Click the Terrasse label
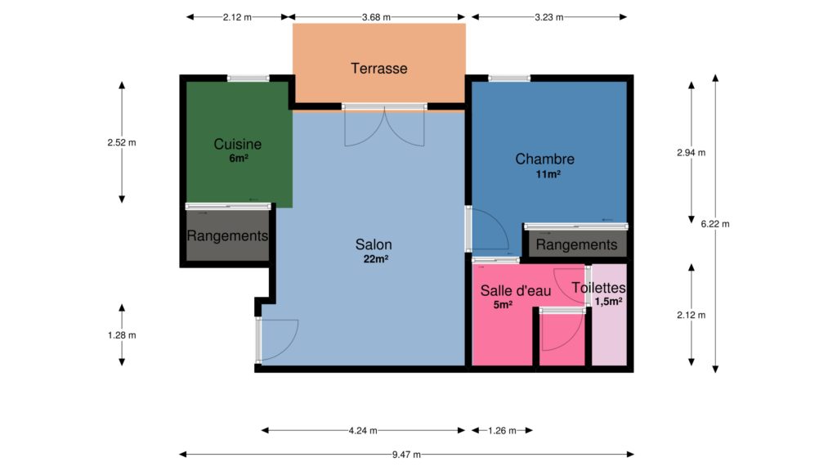coord(379,69)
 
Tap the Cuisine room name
coord(238,144)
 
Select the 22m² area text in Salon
coord(376,259)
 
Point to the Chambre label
coord(545,159)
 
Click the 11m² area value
coord(548,174)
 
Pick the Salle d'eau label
coord(516,290)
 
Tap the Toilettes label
coord(599,288)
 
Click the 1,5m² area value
coord(608,302)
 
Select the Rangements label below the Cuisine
coord(227,235)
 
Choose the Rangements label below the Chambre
coord(576,244)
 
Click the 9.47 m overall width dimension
coord(406,455)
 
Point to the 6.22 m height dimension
coord(715,224)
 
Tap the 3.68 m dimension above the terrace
coord(376,17)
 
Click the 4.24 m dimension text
coord(363,430)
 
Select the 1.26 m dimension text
coord(503,430)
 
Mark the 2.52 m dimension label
coord(122,142)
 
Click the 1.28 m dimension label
coord(122,335)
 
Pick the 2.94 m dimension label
coord(692,153)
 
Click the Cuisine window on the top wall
coord(248,78)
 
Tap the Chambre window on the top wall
coord(509,78)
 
